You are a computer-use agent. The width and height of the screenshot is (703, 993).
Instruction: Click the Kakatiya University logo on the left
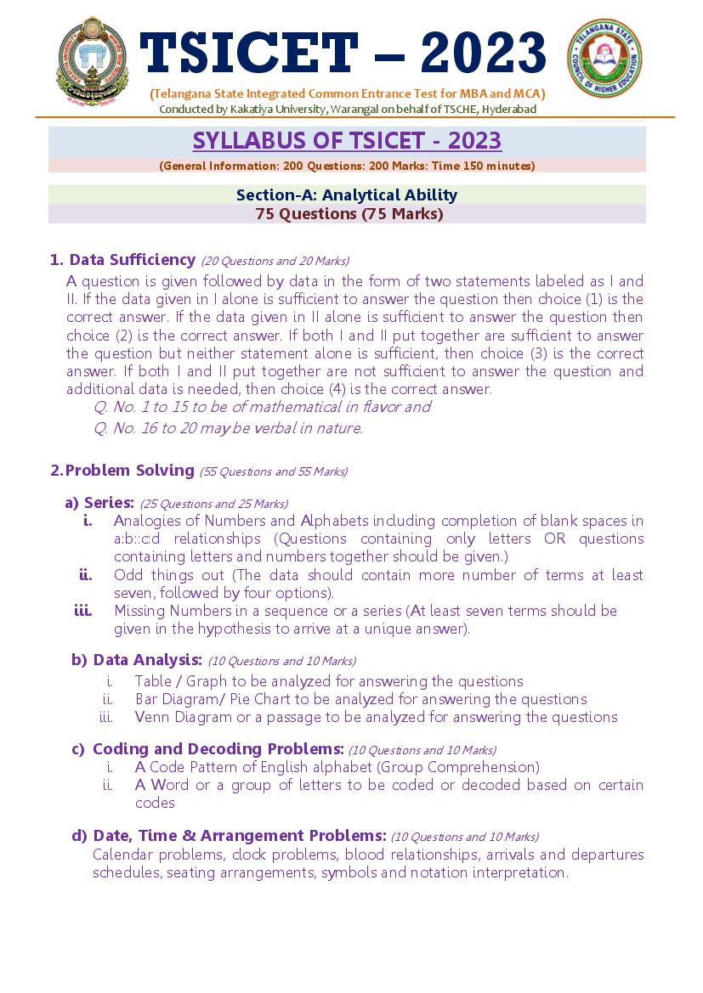point(89,61)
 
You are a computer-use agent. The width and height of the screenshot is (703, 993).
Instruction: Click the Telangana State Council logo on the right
point(605,59)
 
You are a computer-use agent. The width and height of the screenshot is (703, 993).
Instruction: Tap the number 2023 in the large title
point(482,53)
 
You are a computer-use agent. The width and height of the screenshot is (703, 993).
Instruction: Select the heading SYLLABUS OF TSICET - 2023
point(347,140)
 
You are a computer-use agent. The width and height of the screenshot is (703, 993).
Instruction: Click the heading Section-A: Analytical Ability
point(347,195)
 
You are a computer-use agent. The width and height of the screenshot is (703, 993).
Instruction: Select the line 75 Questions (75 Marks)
point(349,214)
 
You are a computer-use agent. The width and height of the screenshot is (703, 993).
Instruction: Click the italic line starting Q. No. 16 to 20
point(228,428)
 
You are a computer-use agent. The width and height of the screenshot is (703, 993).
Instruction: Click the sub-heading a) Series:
point(99,503)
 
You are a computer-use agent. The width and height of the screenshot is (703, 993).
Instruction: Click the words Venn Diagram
point(171,717)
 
